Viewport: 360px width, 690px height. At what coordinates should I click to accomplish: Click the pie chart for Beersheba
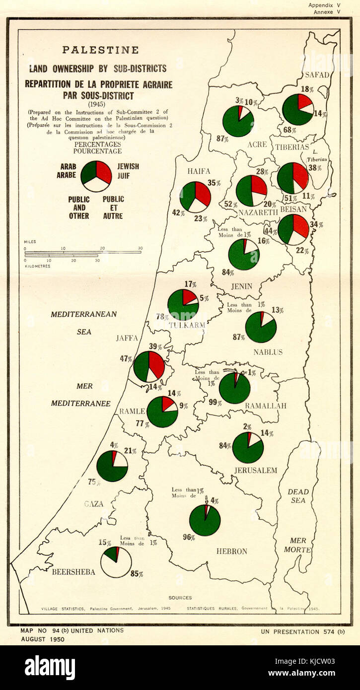point(116,562)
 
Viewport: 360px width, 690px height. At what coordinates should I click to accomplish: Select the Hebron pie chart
point(205,520)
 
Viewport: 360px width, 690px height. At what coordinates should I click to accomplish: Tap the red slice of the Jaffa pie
point(156,363)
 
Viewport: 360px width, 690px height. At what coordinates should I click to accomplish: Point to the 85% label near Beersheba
point(137,574)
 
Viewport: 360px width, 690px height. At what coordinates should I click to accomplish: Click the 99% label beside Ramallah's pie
point(215,402)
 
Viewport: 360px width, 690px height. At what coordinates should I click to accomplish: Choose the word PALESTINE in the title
point(100,50)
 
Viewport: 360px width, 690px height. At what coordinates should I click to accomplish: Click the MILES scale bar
point(83,253)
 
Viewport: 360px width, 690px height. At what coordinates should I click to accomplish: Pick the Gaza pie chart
point(112,466)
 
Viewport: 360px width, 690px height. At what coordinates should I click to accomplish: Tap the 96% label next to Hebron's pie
point(188,537)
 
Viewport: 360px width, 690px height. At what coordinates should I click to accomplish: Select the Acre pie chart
point(238,121)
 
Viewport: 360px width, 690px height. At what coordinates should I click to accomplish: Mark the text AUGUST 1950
point(43,639)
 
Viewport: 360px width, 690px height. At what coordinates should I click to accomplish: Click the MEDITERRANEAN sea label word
point(83,314)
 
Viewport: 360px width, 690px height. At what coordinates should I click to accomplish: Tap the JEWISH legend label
point(128,167)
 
